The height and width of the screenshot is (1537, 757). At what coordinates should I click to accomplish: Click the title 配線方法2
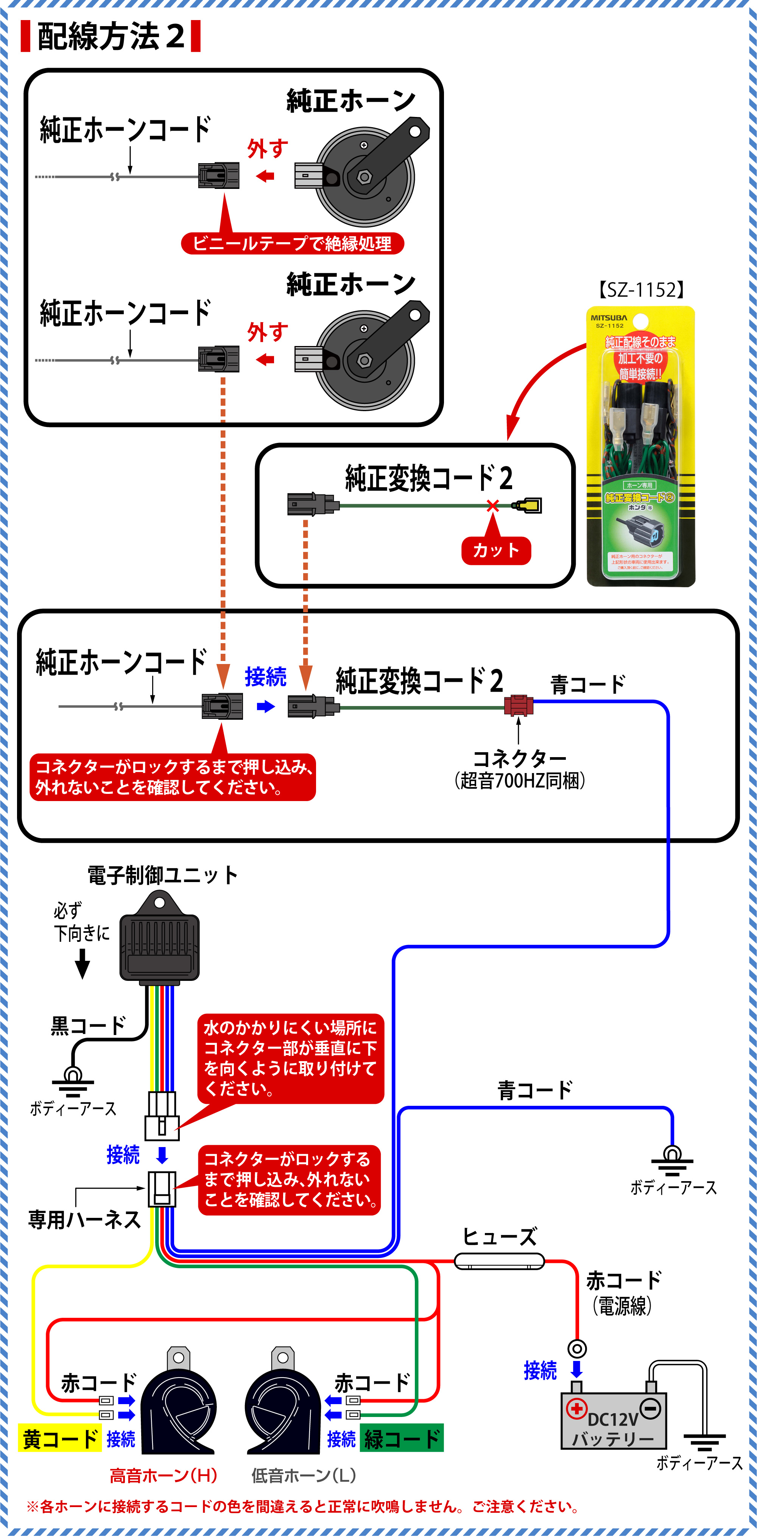coord(111,36)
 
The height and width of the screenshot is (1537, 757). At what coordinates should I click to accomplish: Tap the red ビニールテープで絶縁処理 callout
coord(292,243)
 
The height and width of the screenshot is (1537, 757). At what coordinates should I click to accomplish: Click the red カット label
coord(496,550)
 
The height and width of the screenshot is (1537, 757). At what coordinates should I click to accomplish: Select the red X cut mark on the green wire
coord(492,506)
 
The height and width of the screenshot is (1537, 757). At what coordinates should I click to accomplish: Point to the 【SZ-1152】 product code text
coord(641,290)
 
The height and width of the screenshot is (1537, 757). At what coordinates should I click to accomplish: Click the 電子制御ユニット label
coord(162,875)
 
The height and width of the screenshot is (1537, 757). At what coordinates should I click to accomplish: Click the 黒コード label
coord(88,1026)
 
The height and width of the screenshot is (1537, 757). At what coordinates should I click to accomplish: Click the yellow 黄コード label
coord(60,1439)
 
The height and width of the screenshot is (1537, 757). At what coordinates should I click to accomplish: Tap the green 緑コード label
coord(402,1439)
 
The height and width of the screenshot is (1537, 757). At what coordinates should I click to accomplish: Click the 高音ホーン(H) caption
coord(163,1476)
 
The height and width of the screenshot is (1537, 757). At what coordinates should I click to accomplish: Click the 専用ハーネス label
coord(84,1220)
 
